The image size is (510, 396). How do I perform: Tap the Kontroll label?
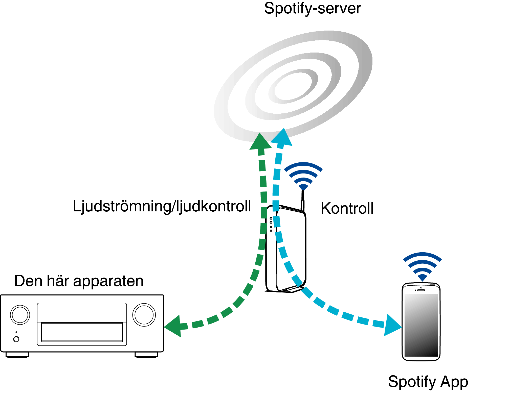point(347,208)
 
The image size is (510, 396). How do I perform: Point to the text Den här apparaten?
point(79,281)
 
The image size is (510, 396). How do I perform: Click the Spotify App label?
point(428,382)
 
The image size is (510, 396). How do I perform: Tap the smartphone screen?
point(421,325)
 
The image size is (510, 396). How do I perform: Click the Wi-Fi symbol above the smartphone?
point(422,267)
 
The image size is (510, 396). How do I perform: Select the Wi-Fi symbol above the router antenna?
point(303,176)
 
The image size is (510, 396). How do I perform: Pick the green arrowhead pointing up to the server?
point(260,141)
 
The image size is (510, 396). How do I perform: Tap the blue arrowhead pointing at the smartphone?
point(393,325)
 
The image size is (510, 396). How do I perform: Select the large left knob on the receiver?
point(20,315)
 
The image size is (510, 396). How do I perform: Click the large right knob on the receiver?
point(144,315)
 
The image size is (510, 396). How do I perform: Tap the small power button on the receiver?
point(16,339)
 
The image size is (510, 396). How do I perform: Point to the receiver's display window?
point(82,332)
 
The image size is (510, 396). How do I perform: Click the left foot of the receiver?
point(17,355)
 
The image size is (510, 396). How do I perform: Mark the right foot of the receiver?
point(146,355)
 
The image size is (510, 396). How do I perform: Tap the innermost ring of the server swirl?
point(293,86)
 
